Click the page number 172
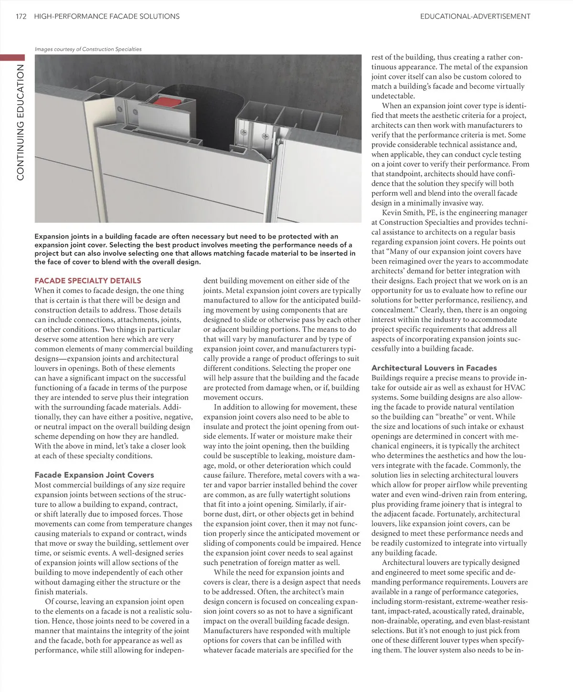tap(21, 16)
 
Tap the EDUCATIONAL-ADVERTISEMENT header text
tap(475, 16)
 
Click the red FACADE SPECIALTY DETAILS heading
tap(88, 281)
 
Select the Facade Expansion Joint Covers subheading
tap(94, 475)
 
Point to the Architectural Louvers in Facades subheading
tap(434, 368)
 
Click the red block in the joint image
tap(168, 101)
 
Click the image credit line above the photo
tap(88, 49)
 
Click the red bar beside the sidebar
tap(12, 57)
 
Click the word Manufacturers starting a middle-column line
tap(229, 630)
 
